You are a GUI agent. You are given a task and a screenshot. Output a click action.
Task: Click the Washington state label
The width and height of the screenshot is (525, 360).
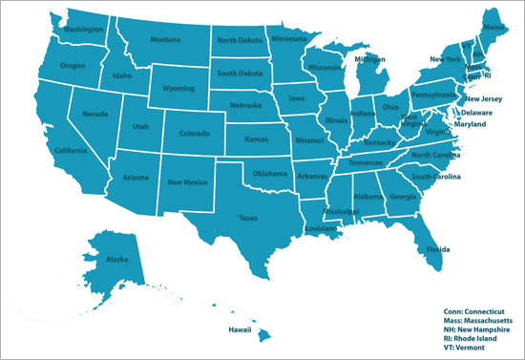[x=83, y=29]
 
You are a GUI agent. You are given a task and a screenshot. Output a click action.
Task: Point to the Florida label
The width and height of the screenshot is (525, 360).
[x=433, y=251]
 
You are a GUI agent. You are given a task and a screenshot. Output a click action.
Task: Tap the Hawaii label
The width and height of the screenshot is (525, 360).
[x=239, y=329]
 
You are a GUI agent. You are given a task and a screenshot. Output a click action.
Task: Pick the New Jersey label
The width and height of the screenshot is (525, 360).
[x=484, y=98]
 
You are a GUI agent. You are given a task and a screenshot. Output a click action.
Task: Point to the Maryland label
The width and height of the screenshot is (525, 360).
[x=482, y=124]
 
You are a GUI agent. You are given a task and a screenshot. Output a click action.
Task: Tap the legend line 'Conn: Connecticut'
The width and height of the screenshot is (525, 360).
[x=473, y=310]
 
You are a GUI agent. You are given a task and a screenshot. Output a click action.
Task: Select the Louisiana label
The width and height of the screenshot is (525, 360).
[x=321, y=230]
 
